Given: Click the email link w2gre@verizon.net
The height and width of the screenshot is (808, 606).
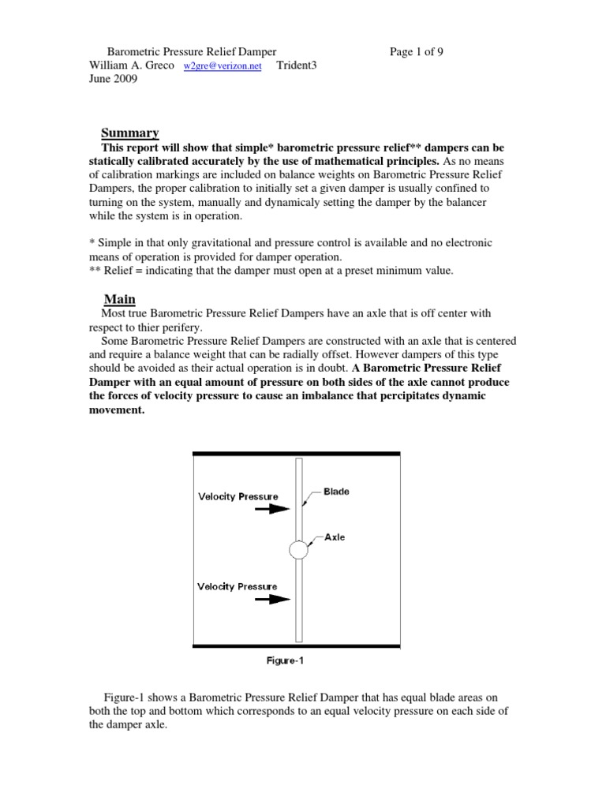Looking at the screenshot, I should [x=223, y=68].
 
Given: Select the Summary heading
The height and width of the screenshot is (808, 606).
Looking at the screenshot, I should [x=130, y=133].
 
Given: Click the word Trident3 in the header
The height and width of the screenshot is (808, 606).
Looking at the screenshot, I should [x=300, y=67].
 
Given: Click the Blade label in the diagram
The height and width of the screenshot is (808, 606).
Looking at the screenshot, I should [x=336, y=491].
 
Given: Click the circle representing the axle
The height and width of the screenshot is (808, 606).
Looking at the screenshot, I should [x=298, y=550].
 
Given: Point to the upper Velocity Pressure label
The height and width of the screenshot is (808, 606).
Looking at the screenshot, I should [x=238, y=496].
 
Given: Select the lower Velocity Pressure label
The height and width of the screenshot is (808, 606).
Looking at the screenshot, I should [x=238, y=586].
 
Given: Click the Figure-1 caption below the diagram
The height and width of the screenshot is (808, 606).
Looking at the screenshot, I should [x=283, y=661].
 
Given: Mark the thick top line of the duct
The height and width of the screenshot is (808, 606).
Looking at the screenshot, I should [x=297, y=453].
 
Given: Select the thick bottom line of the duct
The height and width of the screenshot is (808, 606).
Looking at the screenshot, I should [x=297, y=645].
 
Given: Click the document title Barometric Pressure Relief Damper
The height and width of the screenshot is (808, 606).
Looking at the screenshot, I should [x=192, y=53].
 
